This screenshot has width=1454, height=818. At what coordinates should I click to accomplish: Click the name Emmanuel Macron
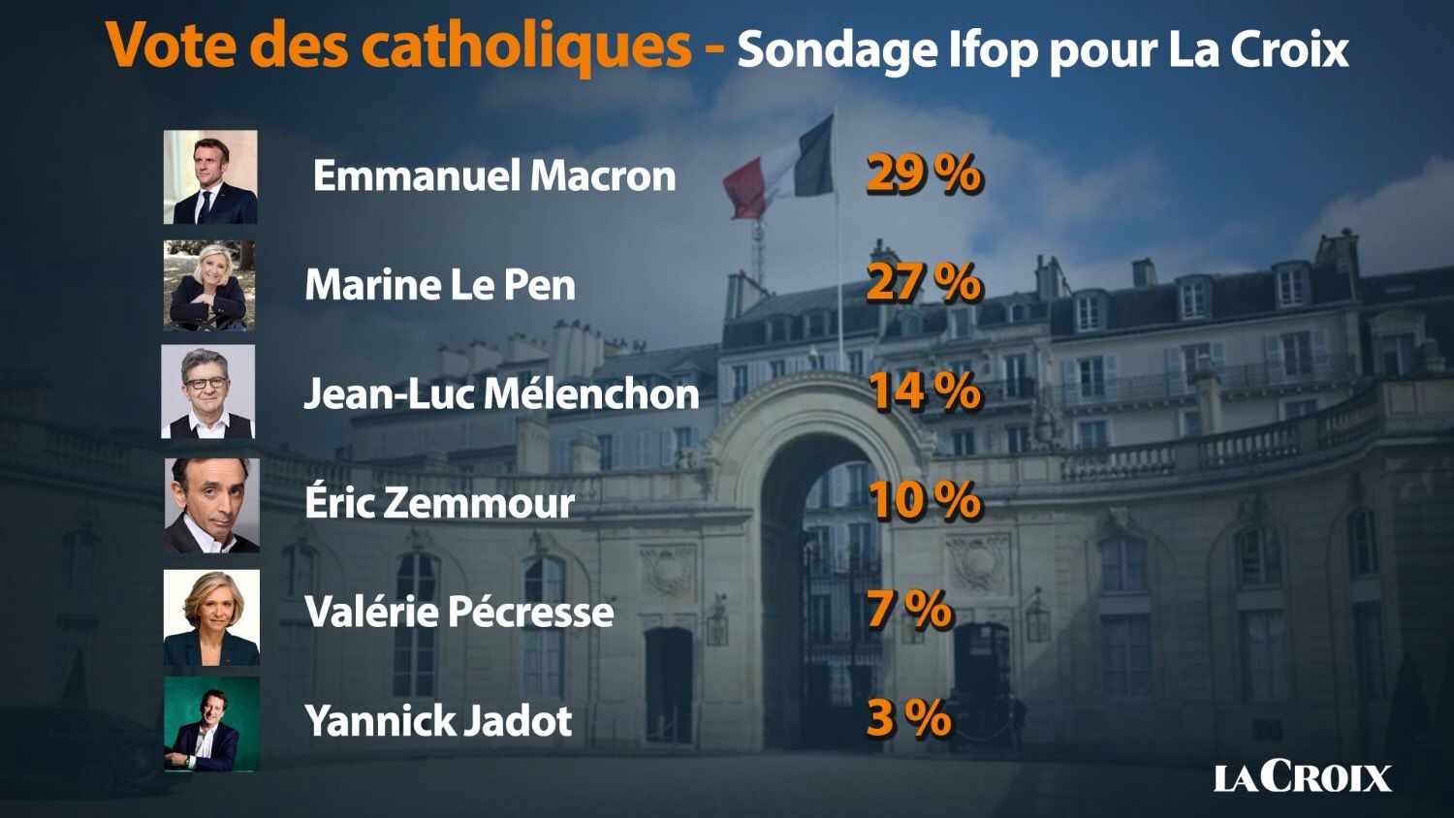(494, 176)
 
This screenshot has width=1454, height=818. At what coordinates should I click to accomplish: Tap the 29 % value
(923, 174)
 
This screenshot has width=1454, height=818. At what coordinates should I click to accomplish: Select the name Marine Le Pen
(440, 285)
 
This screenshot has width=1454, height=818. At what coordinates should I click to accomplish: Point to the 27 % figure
(923, 283)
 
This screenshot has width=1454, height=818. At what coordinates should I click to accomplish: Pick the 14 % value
(923, 392)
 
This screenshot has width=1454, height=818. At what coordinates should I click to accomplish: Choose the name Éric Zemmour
(440, 503)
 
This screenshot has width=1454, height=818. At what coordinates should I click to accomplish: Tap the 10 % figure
(923, 501)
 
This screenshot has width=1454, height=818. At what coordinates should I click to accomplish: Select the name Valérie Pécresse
(459, 612)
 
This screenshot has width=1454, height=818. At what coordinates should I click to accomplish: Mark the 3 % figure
(908, 719)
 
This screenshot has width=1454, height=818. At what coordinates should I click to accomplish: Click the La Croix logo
(1302, 777)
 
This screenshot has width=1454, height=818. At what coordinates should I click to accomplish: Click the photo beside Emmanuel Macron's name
(210, 177)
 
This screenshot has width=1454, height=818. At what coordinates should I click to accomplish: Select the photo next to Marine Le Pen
(209, 286)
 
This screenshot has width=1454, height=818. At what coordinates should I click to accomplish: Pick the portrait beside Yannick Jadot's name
(211, 723)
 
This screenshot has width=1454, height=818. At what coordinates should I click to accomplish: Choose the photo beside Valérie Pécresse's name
(211, 617)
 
